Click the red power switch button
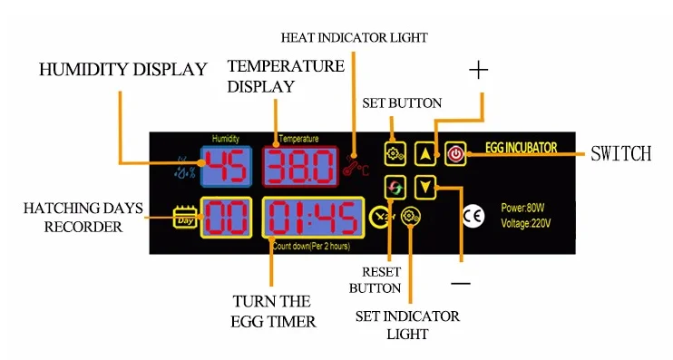(x=455, y=153)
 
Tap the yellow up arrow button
(x=424, y=153)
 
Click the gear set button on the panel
(x=395, y=153)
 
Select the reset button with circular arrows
(x=395, y=188)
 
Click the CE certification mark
(x=473, y=215)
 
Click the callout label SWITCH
(x=620, y=153)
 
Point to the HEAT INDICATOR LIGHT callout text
(x=354, y=38)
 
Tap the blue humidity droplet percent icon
(x=185, y=167)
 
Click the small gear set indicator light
(x=411, y=217)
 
